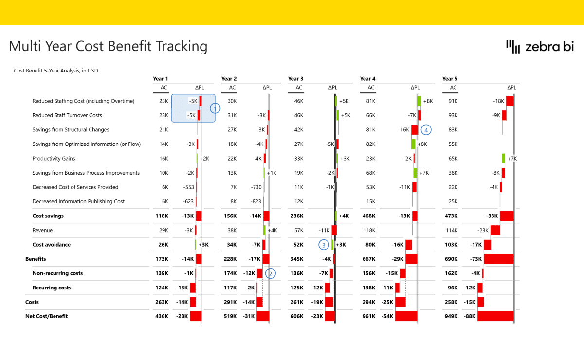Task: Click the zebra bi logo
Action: tap(540, 46)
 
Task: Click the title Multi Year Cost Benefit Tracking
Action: tap(108, 46)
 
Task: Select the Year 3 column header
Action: tap(296, 79)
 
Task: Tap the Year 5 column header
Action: tap(450, 79)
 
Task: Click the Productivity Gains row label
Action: tap(54, 159)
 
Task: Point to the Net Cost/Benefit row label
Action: tap(46, 316)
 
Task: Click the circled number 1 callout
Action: tap(215, 108)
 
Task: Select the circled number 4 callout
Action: tap(426, 130)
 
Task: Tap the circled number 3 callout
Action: tap(324, 245)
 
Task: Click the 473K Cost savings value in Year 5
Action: tap(451, 216)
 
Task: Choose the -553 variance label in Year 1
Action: tap(188, 187)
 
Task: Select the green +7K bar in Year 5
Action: tap(504, 159)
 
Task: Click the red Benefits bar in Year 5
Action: tap(499, 259)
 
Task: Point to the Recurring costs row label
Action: tap(52, 288)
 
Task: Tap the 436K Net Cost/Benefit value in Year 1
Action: tap(162, 316)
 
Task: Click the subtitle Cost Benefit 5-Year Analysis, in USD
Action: tap(56, 71)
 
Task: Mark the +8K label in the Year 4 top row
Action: tap(428, 101)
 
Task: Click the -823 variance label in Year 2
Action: tap(255, 201)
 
